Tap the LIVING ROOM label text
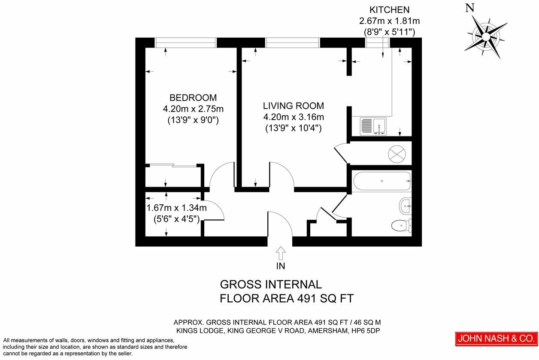tap(293, 106)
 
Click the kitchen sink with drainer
tap(373, 127)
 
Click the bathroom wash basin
tap(406, 206)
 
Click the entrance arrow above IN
tap(281, 253)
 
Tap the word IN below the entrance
tap(281, 266)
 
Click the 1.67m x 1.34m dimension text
tap(176, 208)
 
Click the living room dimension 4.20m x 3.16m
tap(293, 117)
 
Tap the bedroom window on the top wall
tap(185, 42)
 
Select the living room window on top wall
tap(292, 42)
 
